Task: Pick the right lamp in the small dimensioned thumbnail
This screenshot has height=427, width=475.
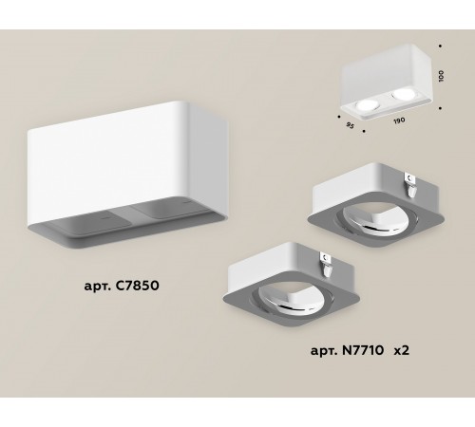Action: tap(397, 93)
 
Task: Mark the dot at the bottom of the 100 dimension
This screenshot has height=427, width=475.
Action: tap(441, 106)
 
